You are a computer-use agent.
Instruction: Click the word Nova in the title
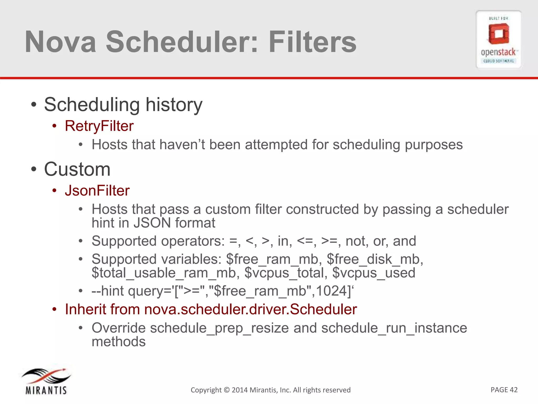click(x=60, y=42)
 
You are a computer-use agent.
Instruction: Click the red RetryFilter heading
click(x=99, y=126)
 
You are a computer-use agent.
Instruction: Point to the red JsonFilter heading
click(x=97, y=191)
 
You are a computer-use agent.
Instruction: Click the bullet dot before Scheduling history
click(x=33, y=105)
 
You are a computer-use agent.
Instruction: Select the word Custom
click(x=77, y=169)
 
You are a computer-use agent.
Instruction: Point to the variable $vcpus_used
click(x=374, y=273)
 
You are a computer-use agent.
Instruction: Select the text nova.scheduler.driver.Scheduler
click(x=250, y=309)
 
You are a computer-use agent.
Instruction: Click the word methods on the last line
click(x=118, y=342)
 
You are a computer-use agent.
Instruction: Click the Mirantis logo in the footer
click(x=46, y=381)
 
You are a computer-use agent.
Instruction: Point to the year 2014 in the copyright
click(x=239, y=390)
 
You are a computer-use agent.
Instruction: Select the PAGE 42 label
click(x=504, y=390)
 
